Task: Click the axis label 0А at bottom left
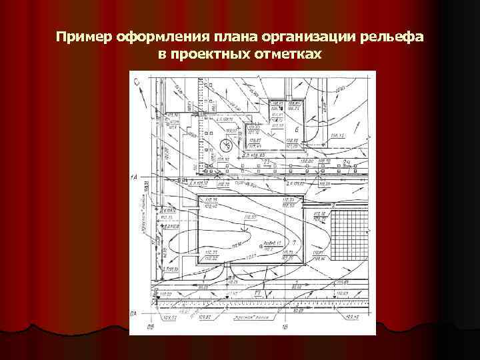tap(134, 313)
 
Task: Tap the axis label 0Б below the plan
tap(151, 328)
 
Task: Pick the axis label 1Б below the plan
tap(285, 328)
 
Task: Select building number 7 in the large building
tap(293, 244)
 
